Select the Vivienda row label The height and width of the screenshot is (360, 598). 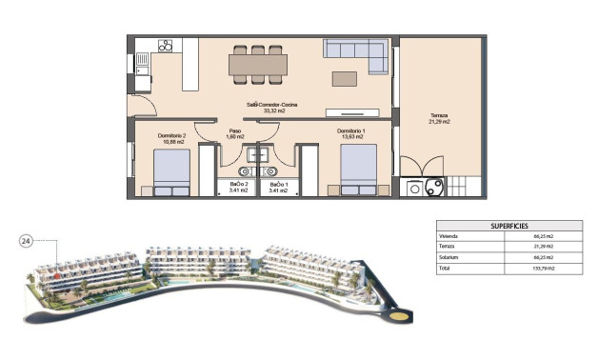click(449, 235)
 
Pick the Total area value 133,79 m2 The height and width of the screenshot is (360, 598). click(545, 270)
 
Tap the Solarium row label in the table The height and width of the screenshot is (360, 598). click(450, 258)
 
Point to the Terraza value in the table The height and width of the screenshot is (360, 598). click(545, 247)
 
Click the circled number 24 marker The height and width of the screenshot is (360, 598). click(27, 242)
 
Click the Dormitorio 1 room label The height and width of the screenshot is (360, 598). click(350, 131)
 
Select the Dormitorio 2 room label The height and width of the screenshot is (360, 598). click(171, 136)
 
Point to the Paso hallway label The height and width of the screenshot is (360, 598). click(234, 132)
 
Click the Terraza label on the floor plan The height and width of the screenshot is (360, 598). click(439, 116)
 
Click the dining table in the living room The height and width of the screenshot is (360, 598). click(258, 64)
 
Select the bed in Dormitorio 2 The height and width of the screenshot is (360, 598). click(172, 172)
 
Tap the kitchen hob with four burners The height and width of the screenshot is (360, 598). click(165, 46)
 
